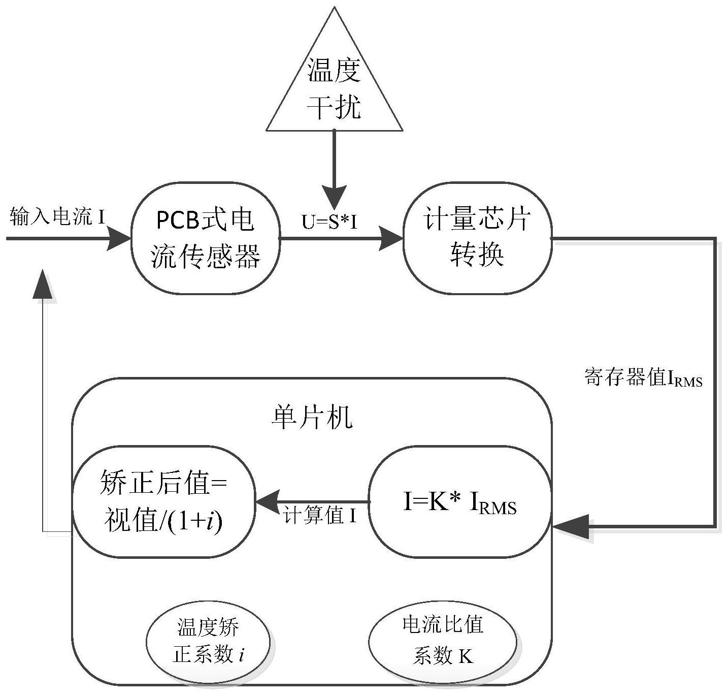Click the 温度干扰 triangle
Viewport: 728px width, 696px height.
[335, 86]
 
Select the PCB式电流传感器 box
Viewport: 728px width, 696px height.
[205, 238]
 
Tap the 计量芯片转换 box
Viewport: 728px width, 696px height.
[477, 238]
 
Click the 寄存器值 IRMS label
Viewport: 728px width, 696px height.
[643, 378]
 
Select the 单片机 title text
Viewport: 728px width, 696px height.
[311, 419]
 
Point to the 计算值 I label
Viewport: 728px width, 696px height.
[320, 516]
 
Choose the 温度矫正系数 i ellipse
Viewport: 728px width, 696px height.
[209, 641]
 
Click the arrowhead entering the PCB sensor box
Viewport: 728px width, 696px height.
[120, 238]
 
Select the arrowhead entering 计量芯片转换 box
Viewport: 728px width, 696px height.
[391, 238]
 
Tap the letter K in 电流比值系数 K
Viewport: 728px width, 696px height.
[466, 656]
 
